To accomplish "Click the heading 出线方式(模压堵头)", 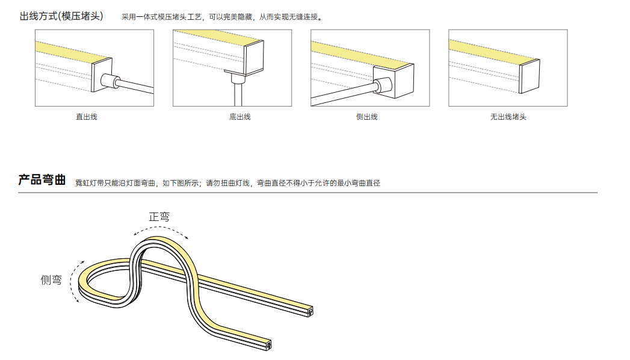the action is click(x=61, y=16).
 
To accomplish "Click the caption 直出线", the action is click(x=87, y=117).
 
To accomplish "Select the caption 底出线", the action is click(x=240, y=117).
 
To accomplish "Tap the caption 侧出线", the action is click(x=367, y=117).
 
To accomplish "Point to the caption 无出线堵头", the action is click(x=508, y=117).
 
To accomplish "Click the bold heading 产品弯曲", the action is click(x=42, y=179).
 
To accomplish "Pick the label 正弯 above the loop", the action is click(x=159, y=217).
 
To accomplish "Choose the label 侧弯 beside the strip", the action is click(x=51, y=280).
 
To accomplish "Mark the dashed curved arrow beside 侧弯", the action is click(x=71, y=281).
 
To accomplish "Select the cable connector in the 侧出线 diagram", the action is click(x=384, y=85).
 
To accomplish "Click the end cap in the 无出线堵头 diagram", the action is click(x=530, y=76).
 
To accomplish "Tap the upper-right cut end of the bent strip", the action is click(x=310, y=311).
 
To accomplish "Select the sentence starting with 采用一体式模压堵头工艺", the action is click(x=222, y=17).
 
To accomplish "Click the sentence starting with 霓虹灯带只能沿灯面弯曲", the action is click(x=228, y=183).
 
